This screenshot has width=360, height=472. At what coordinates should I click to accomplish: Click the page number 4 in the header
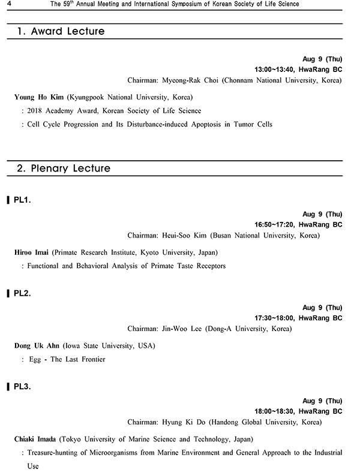5,4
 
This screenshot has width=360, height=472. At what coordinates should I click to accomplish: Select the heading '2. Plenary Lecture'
64,169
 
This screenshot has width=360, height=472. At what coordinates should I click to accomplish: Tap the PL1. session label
22,200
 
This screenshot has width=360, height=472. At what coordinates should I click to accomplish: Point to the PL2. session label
22,294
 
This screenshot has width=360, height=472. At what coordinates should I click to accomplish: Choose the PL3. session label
22,387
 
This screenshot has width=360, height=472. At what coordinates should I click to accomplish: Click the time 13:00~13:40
275,69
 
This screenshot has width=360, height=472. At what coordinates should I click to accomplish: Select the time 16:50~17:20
275,224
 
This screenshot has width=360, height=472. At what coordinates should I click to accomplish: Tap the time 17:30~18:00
275,318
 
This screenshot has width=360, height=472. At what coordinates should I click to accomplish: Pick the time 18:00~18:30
275,411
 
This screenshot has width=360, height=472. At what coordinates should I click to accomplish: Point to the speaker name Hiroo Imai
32,252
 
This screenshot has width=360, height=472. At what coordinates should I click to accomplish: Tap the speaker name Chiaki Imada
36,439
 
